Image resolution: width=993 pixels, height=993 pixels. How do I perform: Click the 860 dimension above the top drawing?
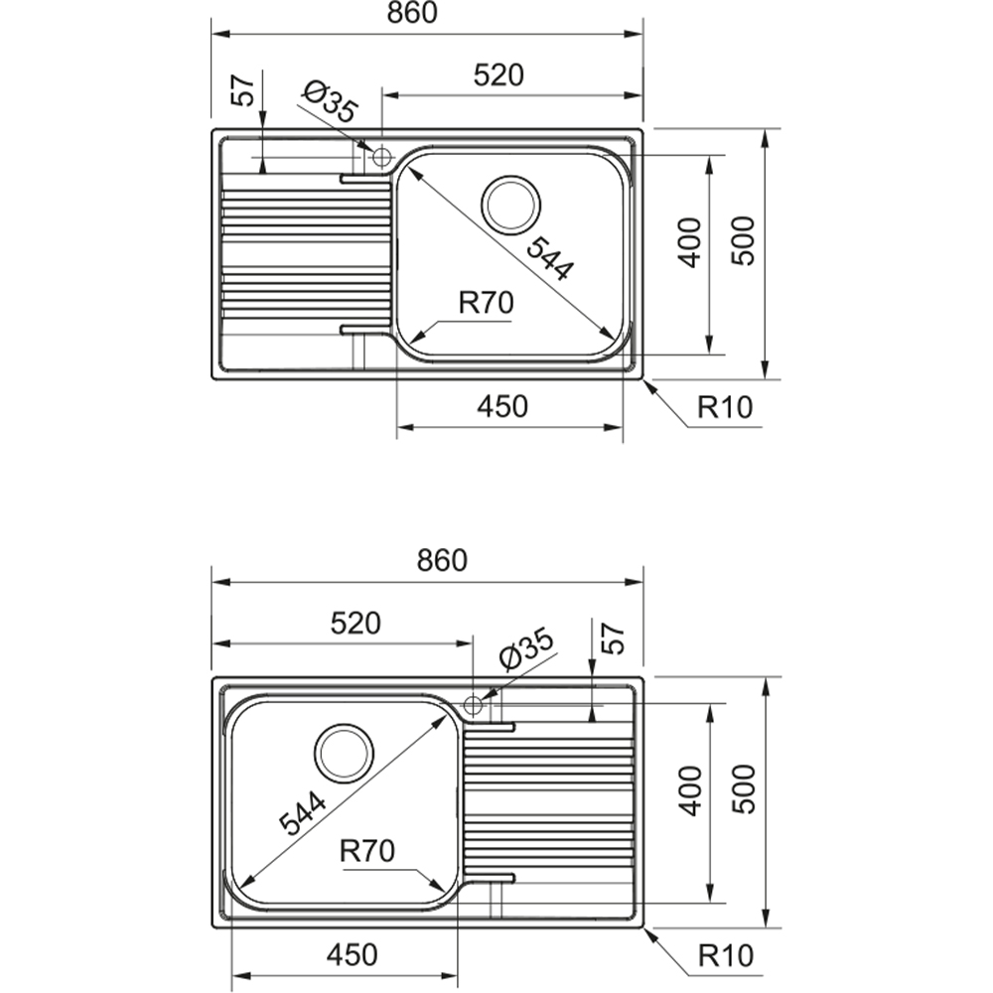coord(412,13)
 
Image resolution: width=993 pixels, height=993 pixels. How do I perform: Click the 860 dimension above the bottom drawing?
coord(442,560)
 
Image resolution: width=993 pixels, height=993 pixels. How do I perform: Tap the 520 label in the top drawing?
coord(499,74)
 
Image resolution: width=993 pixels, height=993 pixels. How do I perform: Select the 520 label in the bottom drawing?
coord(355,624)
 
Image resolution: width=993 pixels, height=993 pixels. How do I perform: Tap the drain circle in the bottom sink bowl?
coord(344,753)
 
